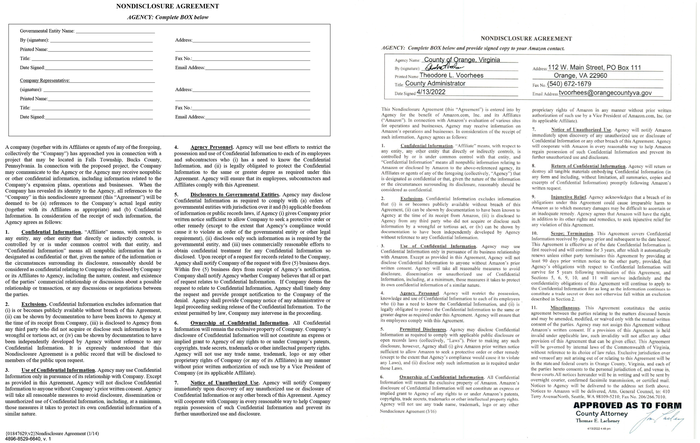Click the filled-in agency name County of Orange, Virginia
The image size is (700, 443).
[462, 60]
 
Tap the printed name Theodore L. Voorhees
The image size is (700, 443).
[451, 75]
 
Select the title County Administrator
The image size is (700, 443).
[435, 84]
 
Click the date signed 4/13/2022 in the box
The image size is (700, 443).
[431, 92]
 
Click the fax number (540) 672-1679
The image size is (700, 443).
[569, 84]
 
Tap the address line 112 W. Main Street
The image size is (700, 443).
[594, 68]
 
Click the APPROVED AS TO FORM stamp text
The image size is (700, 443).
[627, 406]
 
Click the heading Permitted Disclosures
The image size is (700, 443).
[423, 330]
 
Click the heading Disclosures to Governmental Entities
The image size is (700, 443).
[235, 195]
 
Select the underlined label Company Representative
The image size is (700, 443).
[45, 81]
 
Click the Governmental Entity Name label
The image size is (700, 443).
[47, 31]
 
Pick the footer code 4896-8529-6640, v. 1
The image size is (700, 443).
[28, 439]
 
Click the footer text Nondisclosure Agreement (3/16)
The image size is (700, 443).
[408, 411]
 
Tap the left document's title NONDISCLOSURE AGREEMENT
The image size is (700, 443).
[167, 6]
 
